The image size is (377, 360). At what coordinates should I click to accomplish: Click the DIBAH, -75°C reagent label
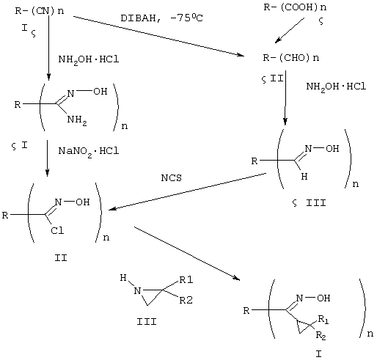[x=161, y=18]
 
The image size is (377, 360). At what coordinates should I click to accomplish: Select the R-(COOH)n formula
[x=295, y=7]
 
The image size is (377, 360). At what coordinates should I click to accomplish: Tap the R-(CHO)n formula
[x=291, y=58]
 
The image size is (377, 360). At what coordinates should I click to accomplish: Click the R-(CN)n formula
[x=40, y=11]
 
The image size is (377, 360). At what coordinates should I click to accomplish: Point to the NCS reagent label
[x=172, y=177]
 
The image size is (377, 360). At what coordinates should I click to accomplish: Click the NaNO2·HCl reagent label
[x=89, y=152]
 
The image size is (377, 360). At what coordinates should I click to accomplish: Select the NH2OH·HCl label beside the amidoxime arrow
[x=89, y=60]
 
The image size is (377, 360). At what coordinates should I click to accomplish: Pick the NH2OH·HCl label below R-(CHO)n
[x=336, y=87]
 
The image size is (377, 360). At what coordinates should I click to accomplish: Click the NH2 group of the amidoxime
[x=77, y=120]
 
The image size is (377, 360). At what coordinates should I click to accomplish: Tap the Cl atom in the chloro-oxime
[x=57, y=230]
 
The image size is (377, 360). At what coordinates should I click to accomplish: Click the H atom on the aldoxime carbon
[x=304, y=176]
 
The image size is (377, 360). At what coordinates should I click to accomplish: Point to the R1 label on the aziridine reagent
[x=186, y=279]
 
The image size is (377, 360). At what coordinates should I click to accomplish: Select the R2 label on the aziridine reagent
[x=186, y=300]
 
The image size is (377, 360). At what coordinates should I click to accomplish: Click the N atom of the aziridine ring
[x=137, y=291]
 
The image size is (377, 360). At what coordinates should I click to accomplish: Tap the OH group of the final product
[x=323, y=298]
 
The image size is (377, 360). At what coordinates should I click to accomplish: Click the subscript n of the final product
[x=370, y=334]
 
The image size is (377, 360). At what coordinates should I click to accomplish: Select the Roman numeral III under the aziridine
[x=147, y=322]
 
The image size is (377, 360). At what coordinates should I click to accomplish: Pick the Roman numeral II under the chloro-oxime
[x=61, y=258]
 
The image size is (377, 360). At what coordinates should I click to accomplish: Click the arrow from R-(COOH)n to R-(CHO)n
[x=290, y=30]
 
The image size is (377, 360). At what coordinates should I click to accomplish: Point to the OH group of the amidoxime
[x=100, y=92]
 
